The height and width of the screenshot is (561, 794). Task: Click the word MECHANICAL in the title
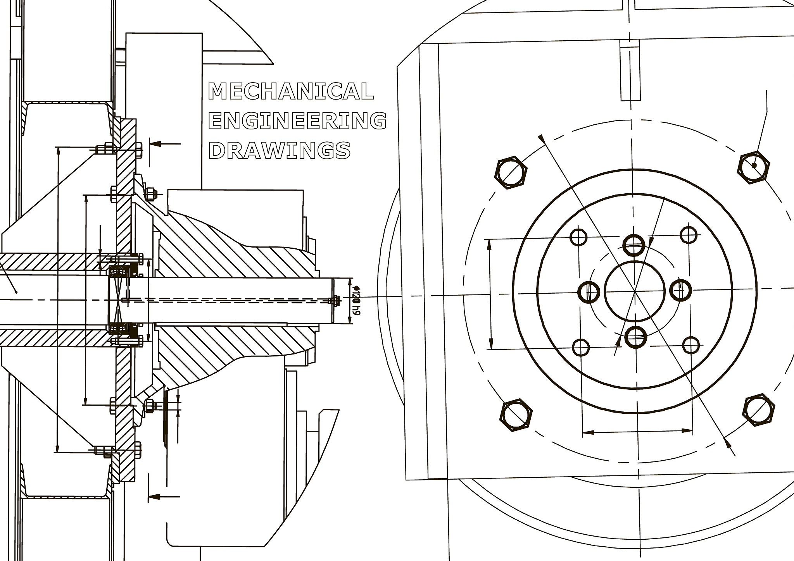[291, 91]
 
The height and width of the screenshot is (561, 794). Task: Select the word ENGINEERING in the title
[298, 120]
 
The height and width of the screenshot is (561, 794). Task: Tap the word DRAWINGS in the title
[280, 150]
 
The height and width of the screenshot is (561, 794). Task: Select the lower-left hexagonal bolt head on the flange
[517, 415]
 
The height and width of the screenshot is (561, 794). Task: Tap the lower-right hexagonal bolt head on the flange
[759, 410]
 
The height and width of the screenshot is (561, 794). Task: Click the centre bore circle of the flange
[635, 291]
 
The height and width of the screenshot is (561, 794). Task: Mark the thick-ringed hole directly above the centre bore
[634, 245]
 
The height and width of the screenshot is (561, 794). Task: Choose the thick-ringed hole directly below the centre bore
[636, 337]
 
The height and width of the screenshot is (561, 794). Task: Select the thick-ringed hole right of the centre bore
[681, 289]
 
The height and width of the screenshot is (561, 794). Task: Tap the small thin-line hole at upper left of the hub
[579, 237]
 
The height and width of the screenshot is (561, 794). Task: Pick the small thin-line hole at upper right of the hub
[689, 234]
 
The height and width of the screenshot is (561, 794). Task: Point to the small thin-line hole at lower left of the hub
[581, 347]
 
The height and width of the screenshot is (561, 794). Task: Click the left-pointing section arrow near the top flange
[165, 144]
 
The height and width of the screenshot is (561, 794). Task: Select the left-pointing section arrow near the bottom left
[164, 496]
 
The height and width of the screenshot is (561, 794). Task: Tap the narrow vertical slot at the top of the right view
[630, 70]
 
